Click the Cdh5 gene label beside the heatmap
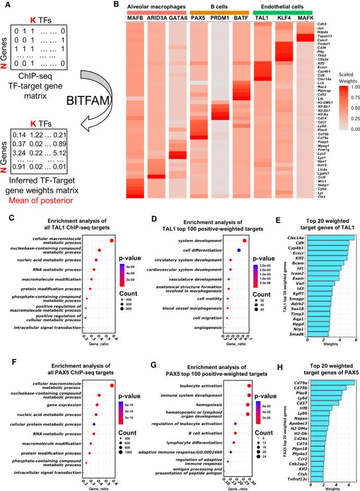tap(324, 24)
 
